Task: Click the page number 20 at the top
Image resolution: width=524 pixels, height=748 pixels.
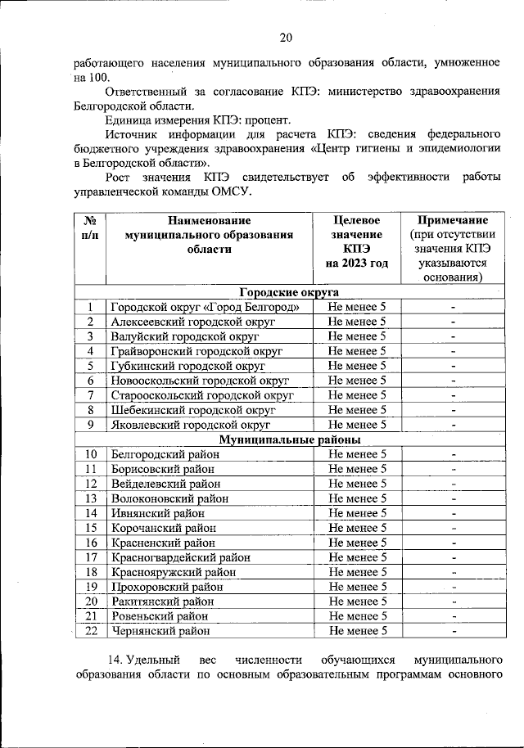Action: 285,37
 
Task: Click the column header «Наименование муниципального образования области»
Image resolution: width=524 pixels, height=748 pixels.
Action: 209,235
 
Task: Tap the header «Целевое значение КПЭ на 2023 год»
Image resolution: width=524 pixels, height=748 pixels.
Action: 356,242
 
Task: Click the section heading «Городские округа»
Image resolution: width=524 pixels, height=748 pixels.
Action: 289,292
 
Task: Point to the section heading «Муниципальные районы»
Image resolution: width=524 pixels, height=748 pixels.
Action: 290,439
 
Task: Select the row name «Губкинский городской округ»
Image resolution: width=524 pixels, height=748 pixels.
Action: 183,366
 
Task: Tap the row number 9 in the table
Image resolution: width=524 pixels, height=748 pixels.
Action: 91,425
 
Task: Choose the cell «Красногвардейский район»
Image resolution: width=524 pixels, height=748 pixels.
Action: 180,557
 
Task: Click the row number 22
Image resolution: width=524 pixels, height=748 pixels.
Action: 91,631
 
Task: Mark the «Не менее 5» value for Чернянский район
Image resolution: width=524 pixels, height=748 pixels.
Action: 356,631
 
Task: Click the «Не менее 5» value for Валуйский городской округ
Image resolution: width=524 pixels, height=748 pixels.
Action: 356,336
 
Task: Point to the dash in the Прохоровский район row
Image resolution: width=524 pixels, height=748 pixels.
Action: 452,587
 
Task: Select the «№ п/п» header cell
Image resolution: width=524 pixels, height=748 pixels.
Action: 91,228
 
